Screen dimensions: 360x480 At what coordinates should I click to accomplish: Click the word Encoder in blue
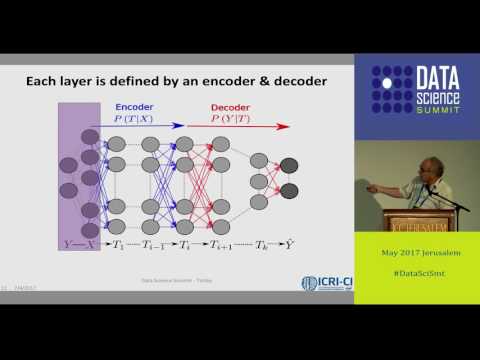[134, 105]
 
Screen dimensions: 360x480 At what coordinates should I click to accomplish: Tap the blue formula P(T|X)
[134, 117]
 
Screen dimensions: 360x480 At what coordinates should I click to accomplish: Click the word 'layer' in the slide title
[112, 80]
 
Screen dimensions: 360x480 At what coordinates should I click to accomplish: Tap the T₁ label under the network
[118, 244]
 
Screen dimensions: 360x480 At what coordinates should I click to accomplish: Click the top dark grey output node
[289, 165]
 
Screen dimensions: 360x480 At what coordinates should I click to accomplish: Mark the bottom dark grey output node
[289, 190]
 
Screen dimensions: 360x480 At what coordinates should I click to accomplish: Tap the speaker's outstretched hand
[372, 187]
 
